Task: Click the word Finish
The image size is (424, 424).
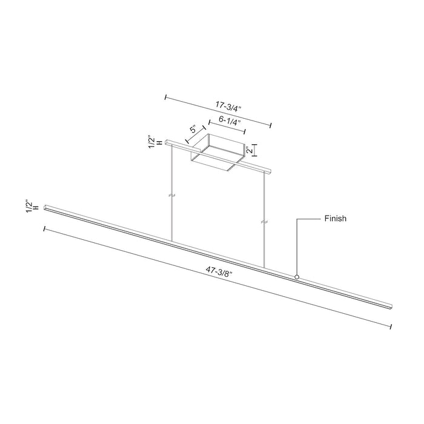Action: [x=334, y=219]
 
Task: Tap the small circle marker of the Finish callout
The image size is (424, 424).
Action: [x=297, y=277]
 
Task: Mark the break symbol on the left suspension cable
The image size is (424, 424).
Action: [x=172, y=196]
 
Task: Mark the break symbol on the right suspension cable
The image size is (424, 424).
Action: [x=264, y=223]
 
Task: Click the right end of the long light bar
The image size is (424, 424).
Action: [x=392, y=303]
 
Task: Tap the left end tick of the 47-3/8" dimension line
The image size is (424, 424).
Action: [x=44, y=229]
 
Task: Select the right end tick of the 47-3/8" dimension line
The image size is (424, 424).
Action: [x=391, y=327]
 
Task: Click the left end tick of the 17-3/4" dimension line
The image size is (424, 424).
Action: [x=165, y=96]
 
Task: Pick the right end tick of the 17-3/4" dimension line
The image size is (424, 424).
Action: [x=271, y=125]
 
